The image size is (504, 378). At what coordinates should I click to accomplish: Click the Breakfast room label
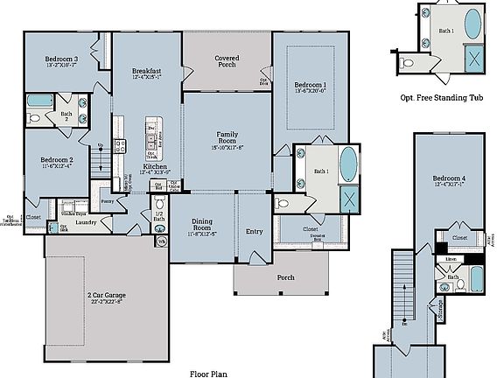pyautogui.click(x=145, y=70)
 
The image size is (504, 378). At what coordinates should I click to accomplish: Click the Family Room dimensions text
pyautogui.click(x=227, y=148)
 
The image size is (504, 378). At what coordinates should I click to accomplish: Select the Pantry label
pyautogui.click(x=108, y=200)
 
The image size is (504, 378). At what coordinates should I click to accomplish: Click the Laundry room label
pyautogui.click(x=85, y=222)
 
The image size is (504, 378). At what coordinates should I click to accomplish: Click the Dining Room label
pyautogui.click(x=208, y=222)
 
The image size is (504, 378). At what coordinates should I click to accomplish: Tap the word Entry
pyautogui.click(x=254, y=232)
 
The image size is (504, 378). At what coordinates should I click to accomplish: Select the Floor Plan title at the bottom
pyautogui.click(x=209, y=373)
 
